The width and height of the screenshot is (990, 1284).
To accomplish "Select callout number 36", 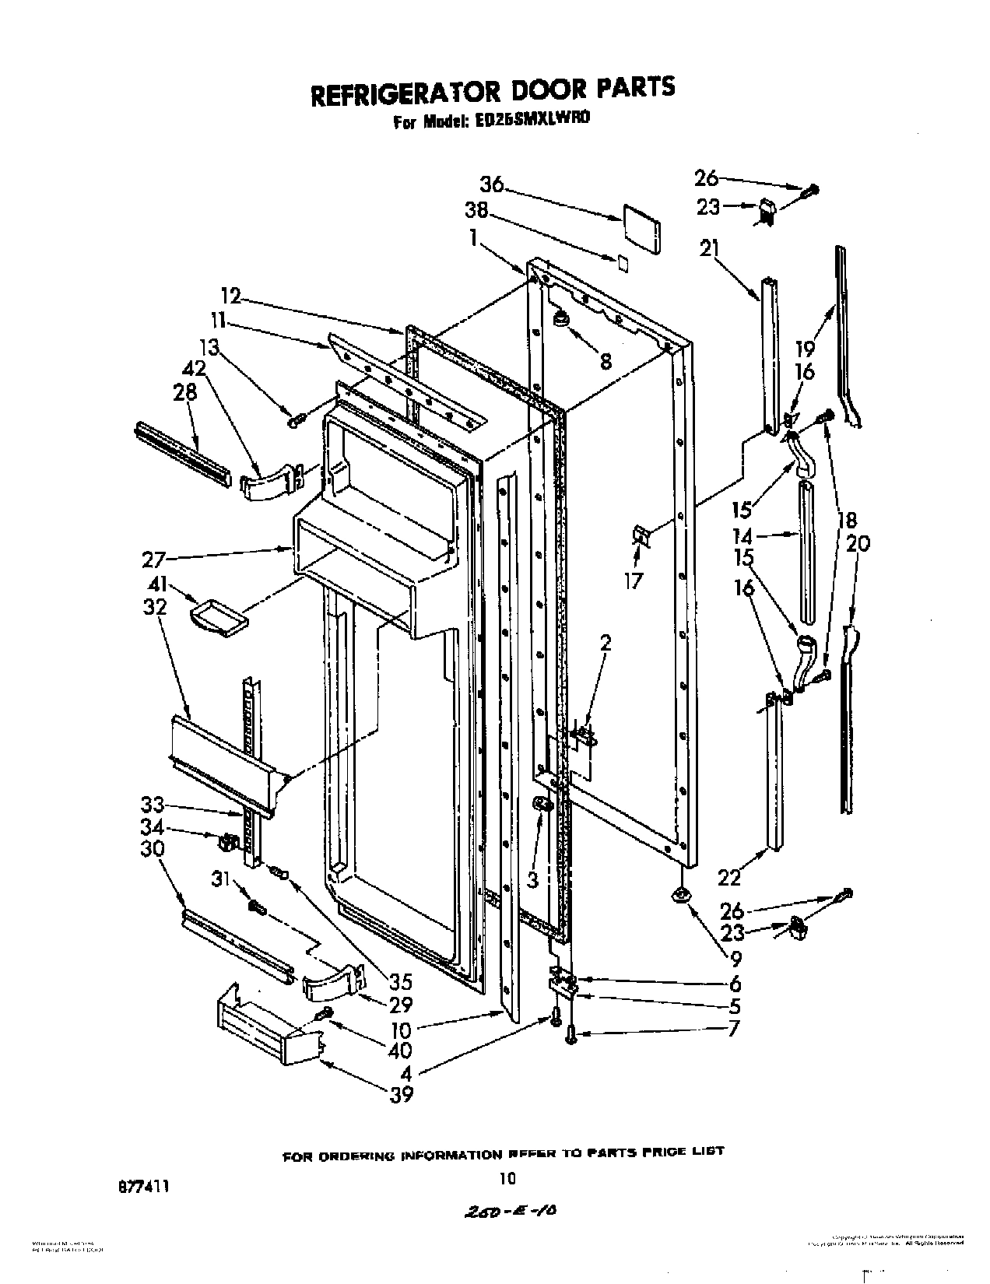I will (491, 186).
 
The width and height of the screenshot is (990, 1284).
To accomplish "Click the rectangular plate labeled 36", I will (641, 229).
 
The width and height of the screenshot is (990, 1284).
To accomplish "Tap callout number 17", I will (634, 580).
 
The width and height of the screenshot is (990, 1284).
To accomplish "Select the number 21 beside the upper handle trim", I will (709, 249).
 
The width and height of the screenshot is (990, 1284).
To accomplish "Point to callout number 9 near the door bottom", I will (734, 959).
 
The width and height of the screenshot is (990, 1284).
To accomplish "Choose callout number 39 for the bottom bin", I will (402, 1094).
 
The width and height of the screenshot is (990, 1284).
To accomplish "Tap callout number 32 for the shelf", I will (156, 606).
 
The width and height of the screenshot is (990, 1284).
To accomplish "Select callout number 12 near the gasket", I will (230, 296).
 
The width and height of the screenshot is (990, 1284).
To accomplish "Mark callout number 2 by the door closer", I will (606, 643).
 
